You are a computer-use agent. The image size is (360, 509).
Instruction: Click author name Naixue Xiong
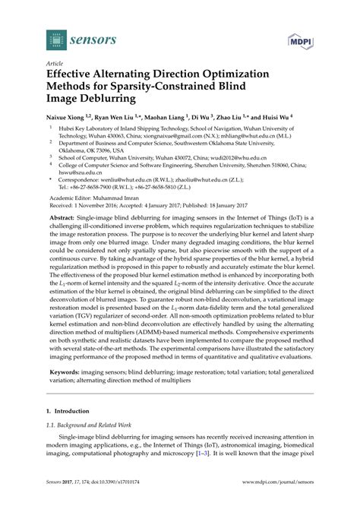click(69, 119)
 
